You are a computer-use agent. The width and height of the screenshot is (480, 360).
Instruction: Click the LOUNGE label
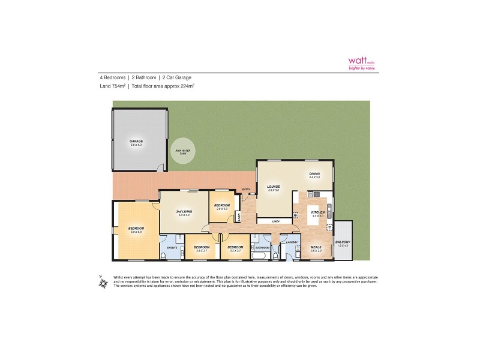pos(274,187)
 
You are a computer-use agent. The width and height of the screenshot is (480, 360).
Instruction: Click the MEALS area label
pos(316,247)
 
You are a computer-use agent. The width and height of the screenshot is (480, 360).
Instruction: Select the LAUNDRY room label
pos(292,242)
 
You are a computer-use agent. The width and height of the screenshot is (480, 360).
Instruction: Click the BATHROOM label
pos(262,247)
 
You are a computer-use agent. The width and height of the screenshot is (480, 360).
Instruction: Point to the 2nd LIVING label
pos(184,212)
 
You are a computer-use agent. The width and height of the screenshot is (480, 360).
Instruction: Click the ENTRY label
pos(246,190)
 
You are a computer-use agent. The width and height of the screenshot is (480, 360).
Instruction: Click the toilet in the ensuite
pos(164,257)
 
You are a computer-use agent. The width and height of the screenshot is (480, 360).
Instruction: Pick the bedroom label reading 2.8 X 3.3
pos(221,206)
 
